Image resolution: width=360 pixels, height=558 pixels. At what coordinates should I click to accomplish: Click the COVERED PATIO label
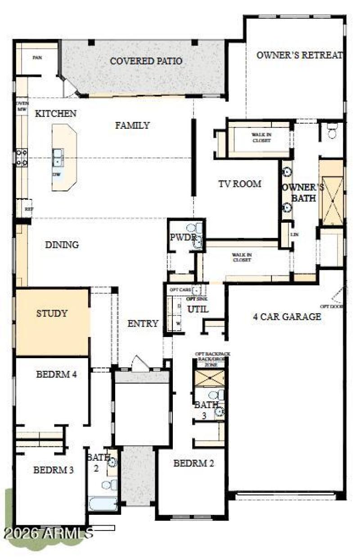pyautogui.click(x=146, y=61)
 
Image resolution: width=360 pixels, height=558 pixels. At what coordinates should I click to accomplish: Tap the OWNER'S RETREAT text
pyautogui.click(x=300, y=55)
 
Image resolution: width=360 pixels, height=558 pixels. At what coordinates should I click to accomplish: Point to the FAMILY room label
pyautogui.click(x=132, y=126)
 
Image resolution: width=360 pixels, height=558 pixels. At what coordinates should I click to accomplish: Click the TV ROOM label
pyautogui.click(x=240, y=184)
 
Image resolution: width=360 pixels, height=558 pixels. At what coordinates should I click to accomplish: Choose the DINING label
pyautogui.click(x=62, y=245)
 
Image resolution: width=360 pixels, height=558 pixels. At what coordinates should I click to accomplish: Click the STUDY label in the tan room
pyautogui.click(x=52, y=313)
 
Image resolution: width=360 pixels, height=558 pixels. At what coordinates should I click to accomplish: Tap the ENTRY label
pyautogui.click(x=143, y=324)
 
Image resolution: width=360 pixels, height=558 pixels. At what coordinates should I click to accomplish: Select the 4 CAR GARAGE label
pyautogui.click(x=287, y=316)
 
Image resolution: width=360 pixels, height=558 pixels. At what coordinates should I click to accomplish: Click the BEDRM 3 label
pyautogui.click(x=54, y=470)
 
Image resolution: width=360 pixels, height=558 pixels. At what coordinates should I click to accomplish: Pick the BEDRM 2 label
pyautogui.click(x=193, y=463)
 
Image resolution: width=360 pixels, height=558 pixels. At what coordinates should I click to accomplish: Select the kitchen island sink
pyautogui.click(x=58, y=157)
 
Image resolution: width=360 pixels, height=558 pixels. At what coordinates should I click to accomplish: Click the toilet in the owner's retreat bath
pyautogui.click(x=333, y=131)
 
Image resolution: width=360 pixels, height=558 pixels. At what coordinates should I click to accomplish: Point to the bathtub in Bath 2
pyautogui.click(x=103, y=503)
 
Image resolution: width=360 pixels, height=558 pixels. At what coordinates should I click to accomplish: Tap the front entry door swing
pyautogui.click(x=138, y=362)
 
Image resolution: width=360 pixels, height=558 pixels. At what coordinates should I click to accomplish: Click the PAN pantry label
pyautogui.click(x=37, y=58)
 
